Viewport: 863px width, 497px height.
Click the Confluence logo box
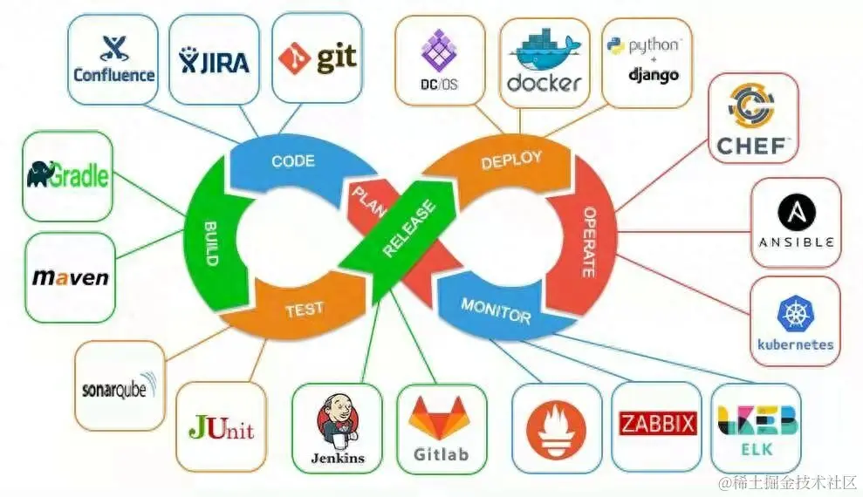[x=113, y=59]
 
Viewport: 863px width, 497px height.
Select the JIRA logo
[x=214, y=59]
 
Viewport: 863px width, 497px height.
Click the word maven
[x=70, y=278]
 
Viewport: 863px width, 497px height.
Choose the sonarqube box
[x=120, y=385]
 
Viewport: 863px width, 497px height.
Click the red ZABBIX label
[x=657, y=425]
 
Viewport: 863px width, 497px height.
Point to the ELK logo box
[x=757, y=428]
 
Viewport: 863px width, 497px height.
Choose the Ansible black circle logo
[x=796, y=212]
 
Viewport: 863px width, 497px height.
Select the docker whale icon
[x=543, y=53]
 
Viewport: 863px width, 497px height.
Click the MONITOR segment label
[x=496, y=310]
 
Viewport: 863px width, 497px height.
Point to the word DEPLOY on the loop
[x=511, y=160]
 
